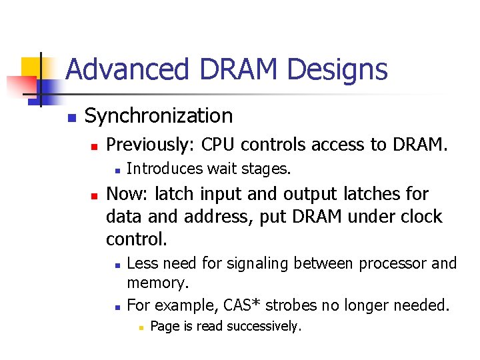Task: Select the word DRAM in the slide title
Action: tap(223, 69)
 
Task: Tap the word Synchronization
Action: tap(159, 116)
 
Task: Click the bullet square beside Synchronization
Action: tap(71, 118)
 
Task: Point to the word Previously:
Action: tap(151, 145)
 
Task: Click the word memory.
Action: tap(157, 283)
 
